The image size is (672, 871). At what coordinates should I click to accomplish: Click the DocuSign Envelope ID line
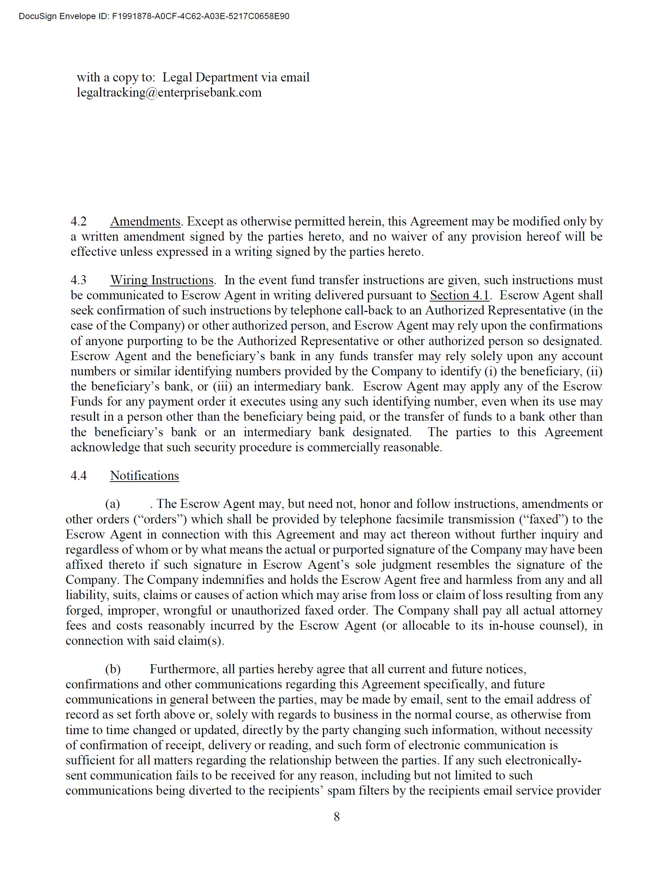(x=154, y=16)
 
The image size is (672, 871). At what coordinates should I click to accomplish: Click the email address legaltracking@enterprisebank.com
(x=169, y=93)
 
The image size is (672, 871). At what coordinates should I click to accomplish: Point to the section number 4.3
(x=79, y=280)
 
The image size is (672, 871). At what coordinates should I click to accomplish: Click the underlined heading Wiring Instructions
(x=162, y=280)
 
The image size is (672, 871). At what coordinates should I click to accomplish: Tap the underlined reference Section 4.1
(x=459, y=295)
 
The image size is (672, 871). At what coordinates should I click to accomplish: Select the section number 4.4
(x=79, y=475)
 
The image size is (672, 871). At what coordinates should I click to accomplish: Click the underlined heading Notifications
(x=144, y=475)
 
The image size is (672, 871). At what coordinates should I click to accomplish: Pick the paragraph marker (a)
(x=112, y=504)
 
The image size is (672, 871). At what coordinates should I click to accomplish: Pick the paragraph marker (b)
(x=112, y=669)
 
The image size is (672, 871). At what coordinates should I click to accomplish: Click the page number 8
(x=337, y=817)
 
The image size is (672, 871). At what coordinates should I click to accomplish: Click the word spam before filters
(x=341, y=790)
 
